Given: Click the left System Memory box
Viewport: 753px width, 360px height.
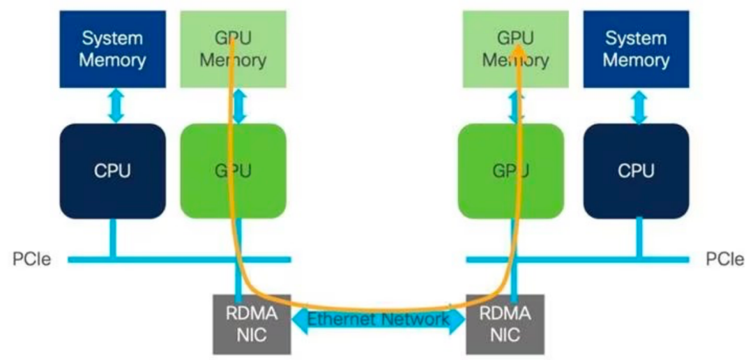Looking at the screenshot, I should (112, 49).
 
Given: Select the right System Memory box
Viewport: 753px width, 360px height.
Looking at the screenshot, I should (636, 49).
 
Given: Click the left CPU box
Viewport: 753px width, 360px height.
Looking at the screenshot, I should (112, 171).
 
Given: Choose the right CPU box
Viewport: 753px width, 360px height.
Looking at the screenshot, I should (636, 171).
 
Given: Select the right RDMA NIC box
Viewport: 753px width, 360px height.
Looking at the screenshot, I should (505, 324).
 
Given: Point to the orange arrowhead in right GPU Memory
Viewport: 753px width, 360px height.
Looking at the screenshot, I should (517, 47).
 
